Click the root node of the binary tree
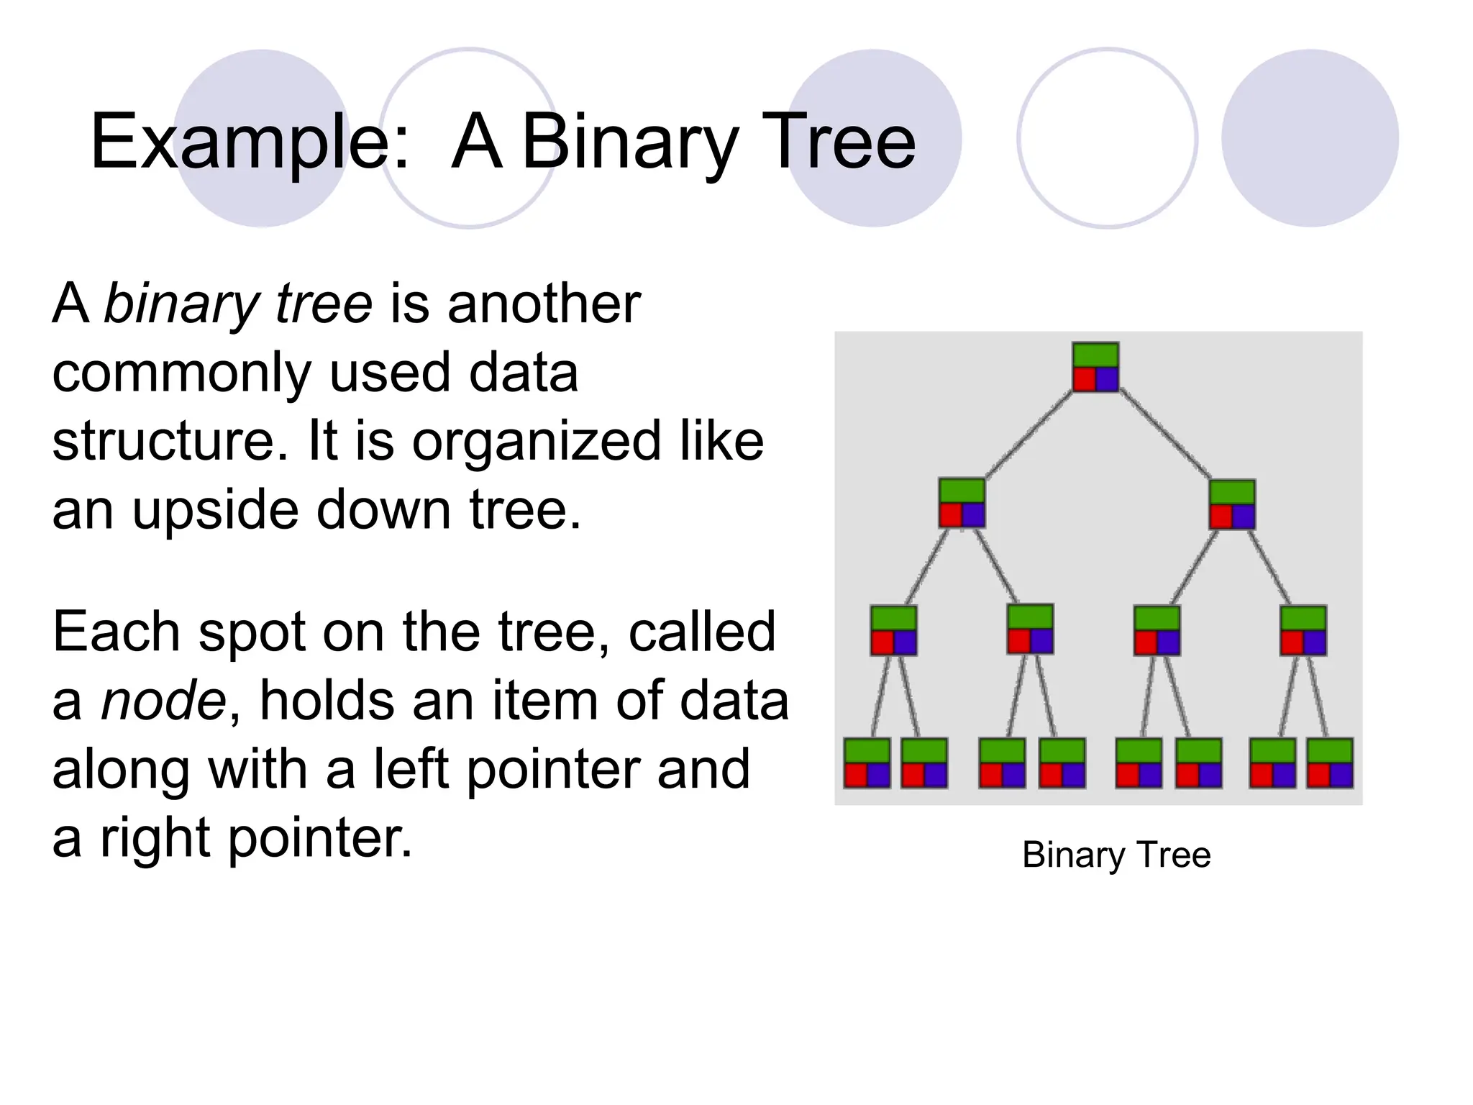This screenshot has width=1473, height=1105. pyautogui.click(x=1095, y=367)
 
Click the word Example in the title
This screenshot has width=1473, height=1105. pyautogui.click(x=240, y=142)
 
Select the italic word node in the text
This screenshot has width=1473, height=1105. pyautogui.click(x=163, y=700)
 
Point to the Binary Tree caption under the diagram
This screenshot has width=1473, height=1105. pyautogui.click(x=1116, y=855)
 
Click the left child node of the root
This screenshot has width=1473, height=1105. pyautogui.click(x=962, y=504)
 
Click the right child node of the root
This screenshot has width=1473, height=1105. pyautogui.click(x=1232, y=504)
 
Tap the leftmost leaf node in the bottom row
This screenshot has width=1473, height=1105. pyautogui.click(x=867, y=763)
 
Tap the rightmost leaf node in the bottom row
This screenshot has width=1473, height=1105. pyautogui.click(x=1330, y=763)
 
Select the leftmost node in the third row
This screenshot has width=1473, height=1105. pyautogui.click(x=893, y=630)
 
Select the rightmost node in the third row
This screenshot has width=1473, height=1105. pyautogui.click(x=1303, y=630)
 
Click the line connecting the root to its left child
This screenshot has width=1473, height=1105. pyautogui.click(x=1029, y=435)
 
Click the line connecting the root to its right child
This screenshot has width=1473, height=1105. pyautogui.click(x=1165, y=435)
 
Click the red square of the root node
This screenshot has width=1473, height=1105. pyautogui.click(x=1084, y=379)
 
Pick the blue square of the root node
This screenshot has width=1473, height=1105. pyautogui.click(x=1107, y=379)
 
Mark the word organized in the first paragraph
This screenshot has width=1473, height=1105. pyautogui.click(x=536, y=442)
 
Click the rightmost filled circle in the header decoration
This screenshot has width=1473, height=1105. pyautogui.click(x=1310, y=138)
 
